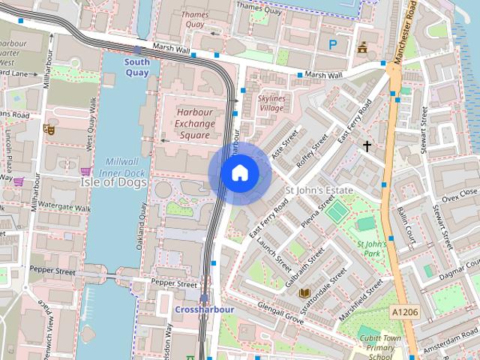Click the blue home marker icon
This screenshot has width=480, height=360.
point(239,173)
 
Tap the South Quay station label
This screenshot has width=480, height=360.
point(136,67)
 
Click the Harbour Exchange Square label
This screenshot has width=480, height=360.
point(194,123)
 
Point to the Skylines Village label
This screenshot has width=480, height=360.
point(271,103)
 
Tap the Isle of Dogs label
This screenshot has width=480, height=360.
point(112,181)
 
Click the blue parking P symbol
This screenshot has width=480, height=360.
point(332,44)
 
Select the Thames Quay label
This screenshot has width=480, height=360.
point(194,19)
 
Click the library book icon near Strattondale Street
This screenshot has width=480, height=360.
point(304,293)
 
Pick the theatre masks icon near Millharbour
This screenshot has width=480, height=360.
point(49,129)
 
